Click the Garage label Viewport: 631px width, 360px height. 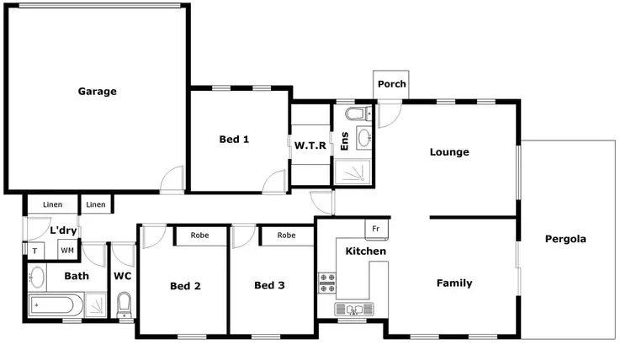point(97,91)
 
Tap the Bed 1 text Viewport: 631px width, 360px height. point(234,140)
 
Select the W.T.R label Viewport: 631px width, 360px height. point(310,146)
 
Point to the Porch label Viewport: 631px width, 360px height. point(391,84)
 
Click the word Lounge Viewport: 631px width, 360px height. point(448,152)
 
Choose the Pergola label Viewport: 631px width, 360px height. point(565,239)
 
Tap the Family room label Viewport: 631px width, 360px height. point(453,283)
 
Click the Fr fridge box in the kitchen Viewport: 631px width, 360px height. point(375,229)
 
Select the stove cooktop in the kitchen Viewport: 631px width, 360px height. point(326,283)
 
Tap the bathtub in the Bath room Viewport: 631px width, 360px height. point(56,304)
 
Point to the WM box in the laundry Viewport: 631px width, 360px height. point(66,251)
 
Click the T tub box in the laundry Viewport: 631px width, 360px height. point(35,251)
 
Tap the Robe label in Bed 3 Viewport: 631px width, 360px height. point(286,236)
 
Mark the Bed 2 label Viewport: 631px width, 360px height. point(185,286)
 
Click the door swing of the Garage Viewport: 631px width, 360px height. point(172,178)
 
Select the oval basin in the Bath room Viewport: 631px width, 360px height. point(37,276)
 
